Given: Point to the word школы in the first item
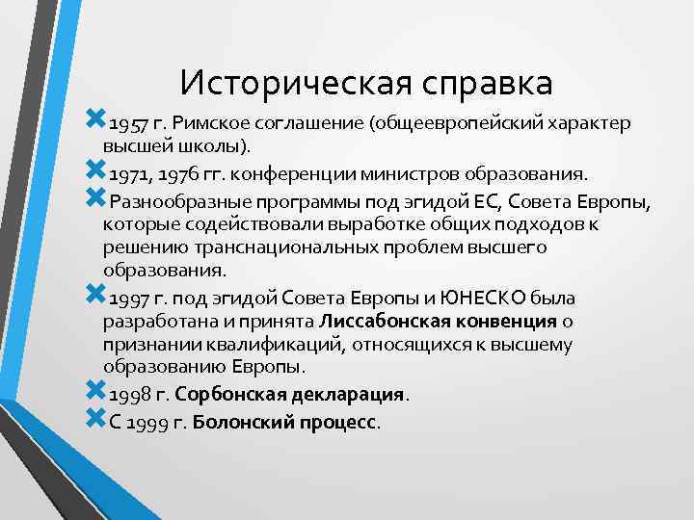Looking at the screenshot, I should [x=213, y=146].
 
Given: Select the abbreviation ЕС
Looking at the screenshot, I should [x=489, y=202].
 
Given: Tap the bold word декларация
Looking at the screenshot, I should [x=351, y=395].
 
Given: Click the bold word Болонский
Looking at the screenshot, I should [x=240, y=422].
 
